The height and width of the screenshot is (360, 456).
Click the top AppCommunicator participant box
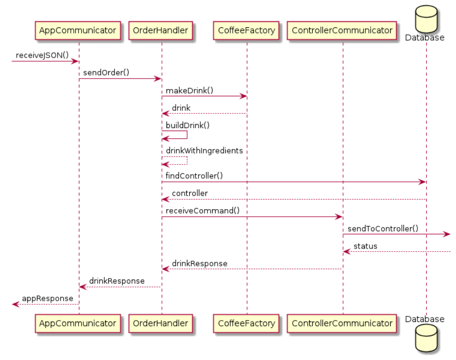(x=78, y=30)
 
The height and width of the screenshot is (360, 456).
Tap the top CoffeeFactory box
(x=246, y=30)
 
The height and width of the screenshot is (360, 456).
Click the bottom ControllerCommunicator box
(x=342, y=323)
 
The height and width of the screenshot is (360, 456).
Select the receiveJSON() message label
(x=42, y=55)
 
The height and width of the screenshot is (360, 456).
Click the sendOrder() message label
(x=106, y=72)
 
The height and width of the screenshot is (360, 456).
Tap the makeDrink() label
(x=189, y=90)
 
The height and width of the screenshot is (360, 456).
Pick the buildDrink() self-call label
(x=187, y=125)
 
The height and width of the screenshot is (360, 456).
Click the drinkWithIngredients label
(x=204, y=150)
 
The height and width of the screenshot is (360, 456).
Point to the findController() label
(x=194, y=176)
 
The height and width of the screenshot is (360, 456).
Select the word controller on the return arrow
(x=190, y=193)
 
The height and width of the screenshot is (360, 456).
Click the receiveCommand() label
(x=202, y=211)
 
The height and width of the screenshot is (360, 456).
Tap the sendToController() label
(x=383, y=228)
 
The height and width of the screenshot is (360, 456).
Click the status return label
(x=365, y=246)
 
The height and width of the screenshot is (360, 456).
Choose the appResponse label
(x=48, y=298)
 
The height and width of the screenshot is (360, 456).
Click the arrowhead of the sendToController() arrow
(x=447, y=234)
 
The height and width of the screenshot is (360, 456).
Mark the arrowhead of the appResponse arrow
(x=15, y=304)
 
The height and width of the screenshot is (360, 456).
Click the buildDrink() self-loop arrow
(x=186, y=135)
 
